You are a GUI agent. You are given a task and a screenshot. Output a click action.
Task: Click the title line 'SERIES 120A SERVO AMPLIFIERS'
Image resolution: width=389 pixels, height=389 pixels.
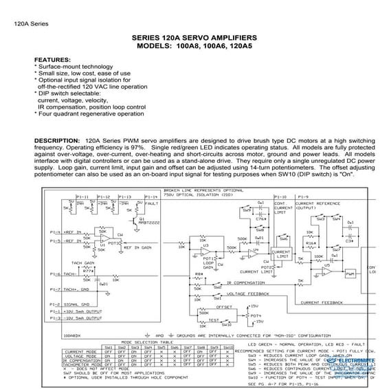(194, 36)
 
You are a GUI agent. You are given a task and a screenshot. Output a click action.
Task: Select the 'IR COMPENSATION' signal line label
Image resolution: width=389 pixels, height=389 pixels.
(247, 282)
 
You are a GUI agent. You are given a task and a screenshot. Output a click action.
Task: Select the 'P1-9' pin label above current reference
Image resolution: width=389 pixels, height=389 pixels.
(304, 197)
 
